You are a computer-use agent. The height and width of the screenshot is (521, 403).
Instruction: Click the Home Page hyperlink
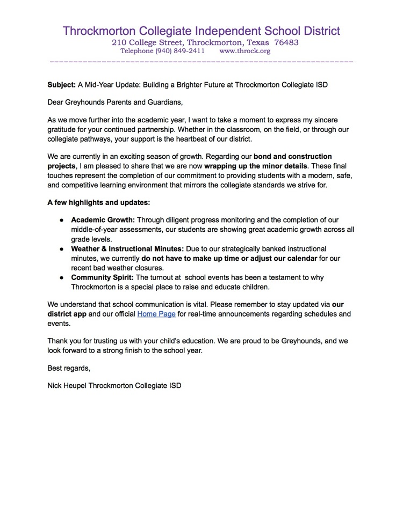pos(156,314)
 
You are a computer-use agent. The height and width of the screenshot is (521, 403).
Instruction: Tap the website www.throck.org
pos(244,52)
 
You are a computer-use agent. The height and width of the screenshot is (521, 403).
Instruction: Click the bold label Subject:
pos(61,85)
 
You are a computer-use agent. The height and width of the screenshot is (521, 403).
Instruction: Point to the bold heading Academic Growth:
pos(102,220)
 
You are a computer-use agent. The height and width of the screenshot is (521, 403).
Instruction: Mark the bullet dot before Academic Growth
pos(62,221)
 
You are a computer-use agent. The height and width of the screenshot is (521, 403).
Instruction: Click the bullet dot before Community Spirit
pos(62,277)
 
